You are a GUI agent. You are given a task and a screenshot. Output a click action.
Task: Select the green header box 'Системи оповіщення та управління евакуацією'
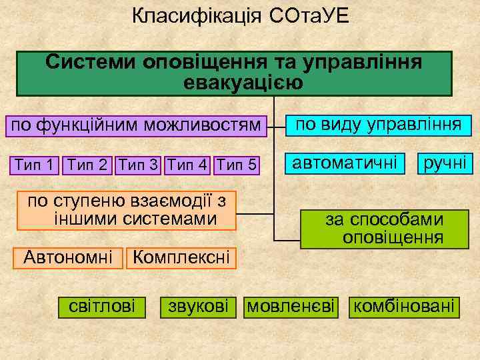[x=234, y=73]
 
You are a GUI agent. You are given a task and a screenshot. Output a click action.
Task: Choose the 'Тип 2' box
[x=87, y=164]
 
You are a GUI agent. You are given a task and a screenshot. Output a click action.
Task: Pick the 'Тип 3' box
[x=139, y=164]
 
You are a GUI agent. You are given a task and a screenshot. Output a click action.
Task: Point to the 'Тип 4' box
[x=189, y=164]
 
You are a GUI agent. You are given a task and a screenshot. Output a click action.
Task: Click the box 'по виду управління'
[x=379, y=125]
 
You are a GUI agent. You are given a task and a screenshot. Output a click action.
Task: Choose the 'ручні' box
[x=444, y=162]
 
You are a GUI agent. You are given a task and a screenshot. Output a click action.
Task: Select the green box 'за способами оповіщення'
[x=385, y=229]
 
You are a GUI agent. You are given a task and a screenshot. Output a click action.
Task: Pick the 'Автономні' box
[x=68, y=257]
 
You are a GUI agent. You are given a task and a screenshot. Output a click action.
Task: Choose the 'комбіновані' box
[x=405, y=306]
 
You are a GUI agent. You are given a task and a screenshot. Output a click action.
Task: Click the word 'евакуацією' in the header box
[x=242, y=83]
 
